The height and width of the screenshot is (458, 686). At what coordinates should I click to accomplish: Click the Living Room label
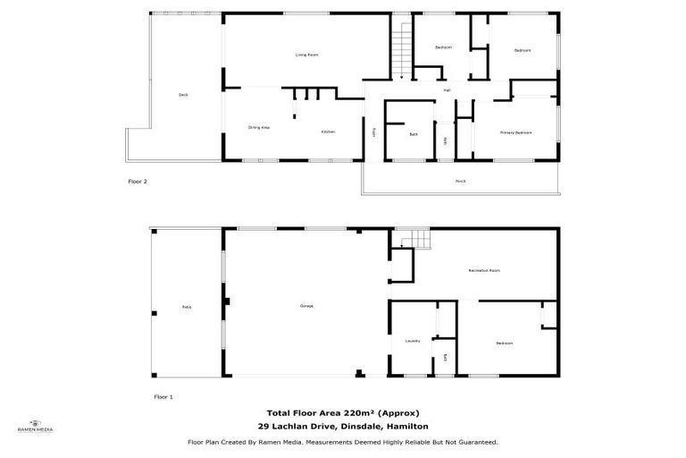tap(307, 55)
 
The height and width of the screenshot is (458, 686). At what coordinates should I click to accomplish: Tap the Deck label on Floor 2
tap(183, 94)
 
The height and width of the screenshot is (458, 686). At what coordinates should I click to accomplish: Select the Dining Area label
tap(259, 128)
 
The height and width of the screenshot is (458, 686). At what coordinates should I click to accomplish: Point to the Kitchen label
tap(328, 132)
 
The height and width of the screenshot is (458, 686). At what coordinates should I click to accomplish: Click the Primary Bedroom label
tap(515, 132)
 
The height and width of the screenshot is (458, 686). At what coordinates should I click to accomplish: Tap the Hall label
tap(447, 90)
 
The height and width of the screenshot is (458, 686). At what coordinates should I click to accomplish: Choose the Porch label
tap(460, 182)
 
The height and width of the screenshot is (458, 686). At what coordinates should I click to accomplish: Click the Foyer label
tap(374, 132)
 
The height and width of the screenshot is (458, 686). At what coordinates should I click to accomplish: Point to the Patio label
tap(187, 308)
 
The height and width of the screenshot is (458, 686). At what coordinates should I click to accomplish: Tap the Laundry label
tap(412, 341)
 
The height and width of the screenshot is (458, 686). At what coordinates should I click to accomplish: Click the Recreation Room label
tap(483, 270)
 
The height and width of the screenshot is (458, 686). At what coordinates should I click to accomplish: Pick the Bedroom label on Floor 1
tap(505, 343)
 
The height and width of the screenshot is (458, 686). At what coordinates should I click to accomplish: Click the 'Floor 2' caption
tap(138, 182)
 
